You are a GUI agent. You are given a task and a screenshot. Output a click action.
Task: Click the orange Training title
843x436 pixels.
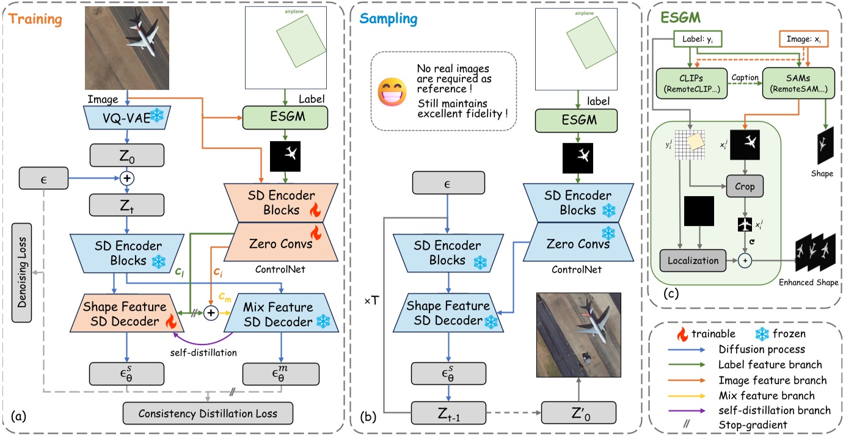(36, 20)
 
